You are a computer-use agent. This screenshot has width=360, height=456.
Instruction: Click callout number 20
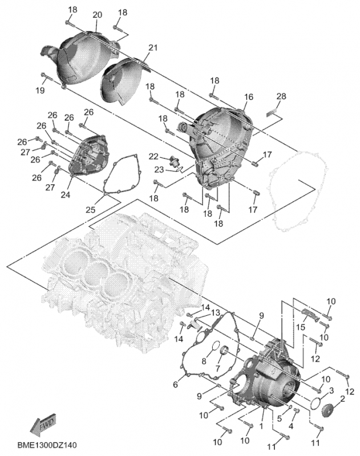pos(96,14)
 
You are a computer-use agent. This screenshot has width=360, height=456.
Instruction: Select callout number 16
pos(248,97)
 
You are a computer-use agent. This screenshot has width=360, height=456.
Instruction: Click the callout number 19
pos(41,91)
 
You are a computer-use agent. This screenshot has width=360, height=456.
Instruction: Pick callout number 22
pos(154,156)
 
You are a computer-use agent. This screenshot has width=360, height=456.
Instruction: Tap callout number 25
pos(91,210)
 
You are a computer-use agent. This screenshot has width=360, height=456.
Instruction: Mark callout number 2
pos(342,398)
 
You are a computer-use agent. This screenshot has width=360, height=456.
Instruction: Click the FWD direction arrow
pos(42,425)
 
